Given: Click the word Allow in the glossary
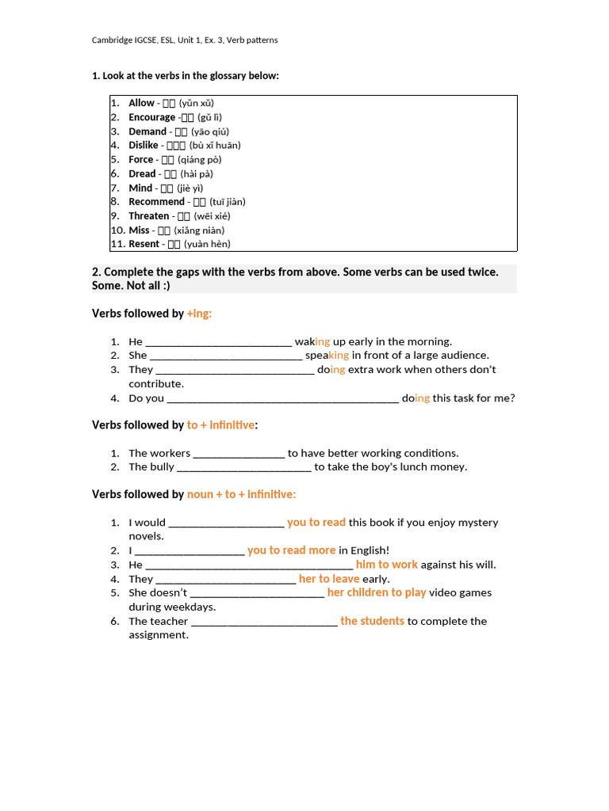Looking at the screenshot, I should tap(141, 103).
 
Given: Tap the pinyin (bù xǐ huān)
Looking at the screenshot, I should tap(215, 146).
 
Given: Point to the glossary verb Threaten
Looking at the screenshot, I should tap(149, 216).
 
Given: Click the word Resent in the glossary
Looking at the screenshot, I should tap(144, 245).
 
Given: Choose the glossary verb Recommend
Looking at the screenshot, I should tap(156, 202).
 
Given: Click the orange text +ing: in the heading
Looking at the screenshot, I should tap(199, 314).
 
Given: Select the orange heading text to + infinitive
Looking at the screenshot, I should tap(220, 425).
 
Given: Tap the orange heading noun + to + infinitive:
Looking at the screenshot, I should tap(241, 495).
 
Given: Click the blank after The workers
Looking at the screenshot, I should tap(239, 454).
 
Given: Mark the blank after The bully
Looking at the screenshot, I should tap(243, 467).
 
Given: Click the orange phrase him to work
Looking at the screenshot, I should tap(386, 565).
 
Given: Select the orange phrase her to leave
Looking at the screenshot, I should tap(329, 579).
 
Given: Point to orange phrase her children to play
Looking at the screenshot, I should tap(377, 592).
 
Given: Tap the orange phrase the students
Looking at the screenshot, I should tap(372, 621).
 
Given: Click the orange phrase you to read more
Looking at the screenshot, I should tap(291, 550).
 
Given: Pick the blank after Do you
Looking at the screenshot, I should tap(282, 398).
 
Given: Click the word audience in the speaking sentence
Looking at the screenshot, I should tap(465, 356).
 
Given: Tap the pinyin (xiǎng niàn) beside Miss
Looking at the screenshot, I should tap(200, 230).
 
